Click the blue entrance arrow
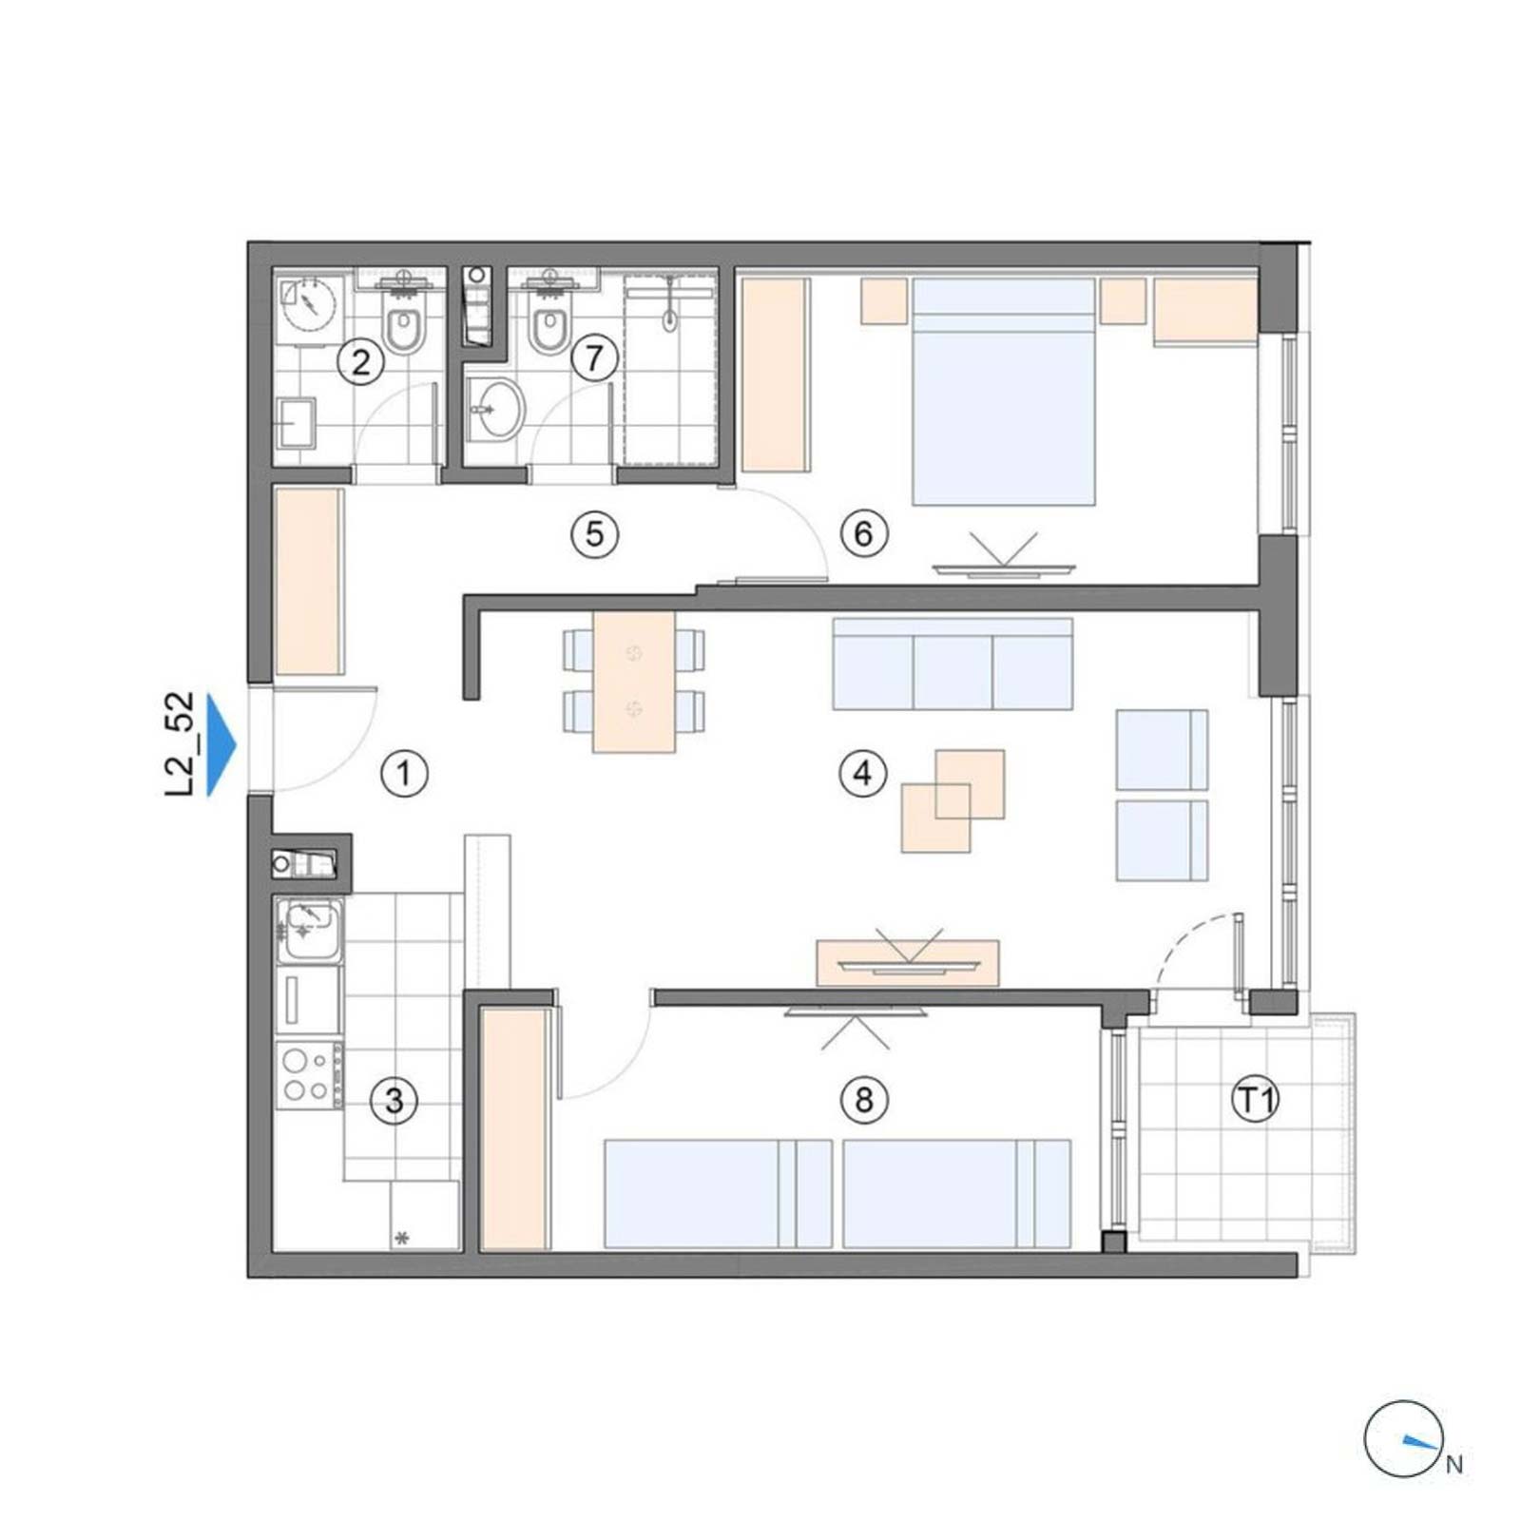pyautogui.click(x=221, y=745)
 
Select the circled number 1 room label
pyautogui.click(x=405, y=774)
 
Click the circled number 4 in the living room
pyautogui.click(x=862, y=773)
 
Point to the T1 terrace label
pyautogui.click(x=1256, y=1100)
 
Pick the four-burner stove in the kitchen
pyautogui.click(x=310, y=1075)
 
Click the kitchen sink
pyautogui.click(x=310, y=928)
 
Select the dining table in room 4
pyautogui.click(x=634, y=682)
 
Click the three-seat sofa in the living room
pyautogui.click(x=953, y=664)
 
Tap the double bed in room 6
pyautogui.click(x=1004, y=391)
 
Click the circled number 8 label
pyautogui.click(x=863, y=1100)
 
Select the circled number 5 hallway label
pyautogui.click(x=594, y=533)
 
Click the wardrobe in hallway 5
pyautogui.click(x=309, y=581)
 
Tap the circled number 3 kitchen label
pyautogui.click(x=393, y=1101)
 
